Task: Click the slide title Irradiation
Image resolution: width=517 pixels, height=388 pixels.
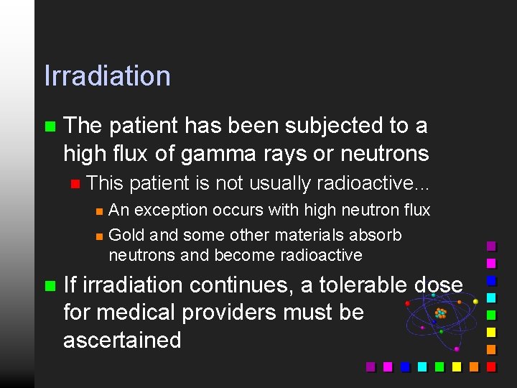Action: point(107,76)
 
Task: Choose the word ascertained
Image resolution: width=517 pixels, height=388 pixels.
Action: point(122,339)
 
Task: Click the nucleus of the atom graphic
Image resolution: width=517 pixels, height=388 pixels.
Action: point(440,313)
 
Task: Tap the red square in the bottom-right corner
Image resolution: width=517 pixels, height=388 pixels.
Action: point(491,366)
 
